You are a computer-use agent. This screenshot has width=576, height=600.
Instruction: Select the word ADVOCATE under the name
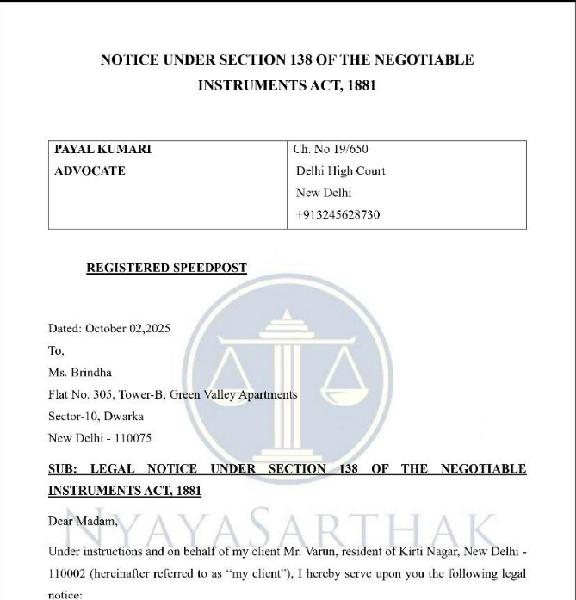coord(89,170)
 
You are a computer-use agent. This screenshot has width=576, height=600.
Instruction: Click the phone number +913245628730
coord(338,214)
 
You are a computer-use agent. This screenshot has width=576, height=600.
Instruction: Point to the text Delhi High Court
coord(341,171)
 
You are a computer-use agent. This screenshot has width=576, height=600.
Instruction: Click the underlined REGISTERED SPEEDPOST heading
coord(167,268)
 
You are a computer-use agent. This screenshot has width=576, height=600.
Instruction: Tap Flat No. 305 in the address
coord(88,394)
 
